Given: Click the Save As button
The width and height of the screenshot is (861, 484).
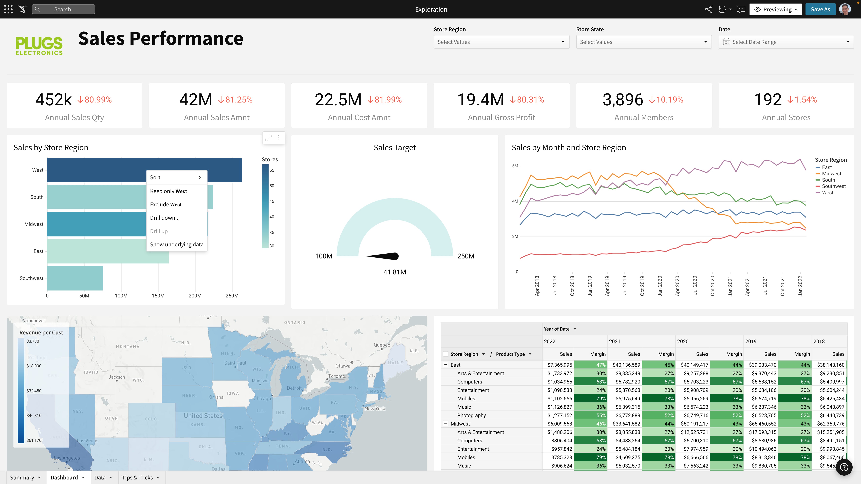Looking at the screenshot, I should [820, 9].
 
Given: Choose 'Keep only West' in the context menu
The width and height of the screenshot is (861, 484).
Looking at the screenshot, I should [169, 191].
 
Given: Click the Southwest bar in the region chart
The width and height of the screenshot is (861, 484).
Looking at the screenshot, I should [75, 278].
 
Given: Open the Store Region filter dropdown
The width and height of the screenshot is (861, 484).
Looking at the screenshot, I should [501, 42].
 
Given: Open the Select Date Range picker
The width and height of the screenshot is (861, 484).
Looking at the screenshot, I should [786, 42].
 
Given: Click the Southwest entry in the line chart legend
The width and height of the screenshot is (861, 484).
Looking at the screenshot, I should [834, 186].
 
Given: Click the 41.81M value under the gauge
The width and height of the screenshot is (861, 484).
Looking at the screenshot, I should [394, 272].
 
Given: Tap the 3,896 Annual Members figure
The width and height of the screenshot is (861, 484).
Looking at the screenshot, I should [623, 99].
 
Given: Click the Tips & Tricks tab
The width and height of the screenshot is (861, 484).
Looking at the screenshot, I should [137, 477].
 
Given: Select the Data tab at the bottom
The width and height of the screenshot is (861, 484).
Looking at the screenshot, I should [100, 477].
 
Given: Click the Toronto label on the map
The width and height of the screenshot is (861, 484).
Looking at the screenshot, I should [336, 376].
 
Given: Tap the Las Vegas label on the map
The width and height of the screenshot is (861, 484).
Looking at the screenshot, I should [88, 441].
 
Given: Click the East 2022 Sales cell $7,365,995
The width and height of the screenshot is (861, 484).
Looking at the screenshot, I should [559, 365].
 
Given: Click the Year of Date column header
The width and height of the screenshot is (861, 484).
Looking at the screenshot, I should [557, 329].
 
